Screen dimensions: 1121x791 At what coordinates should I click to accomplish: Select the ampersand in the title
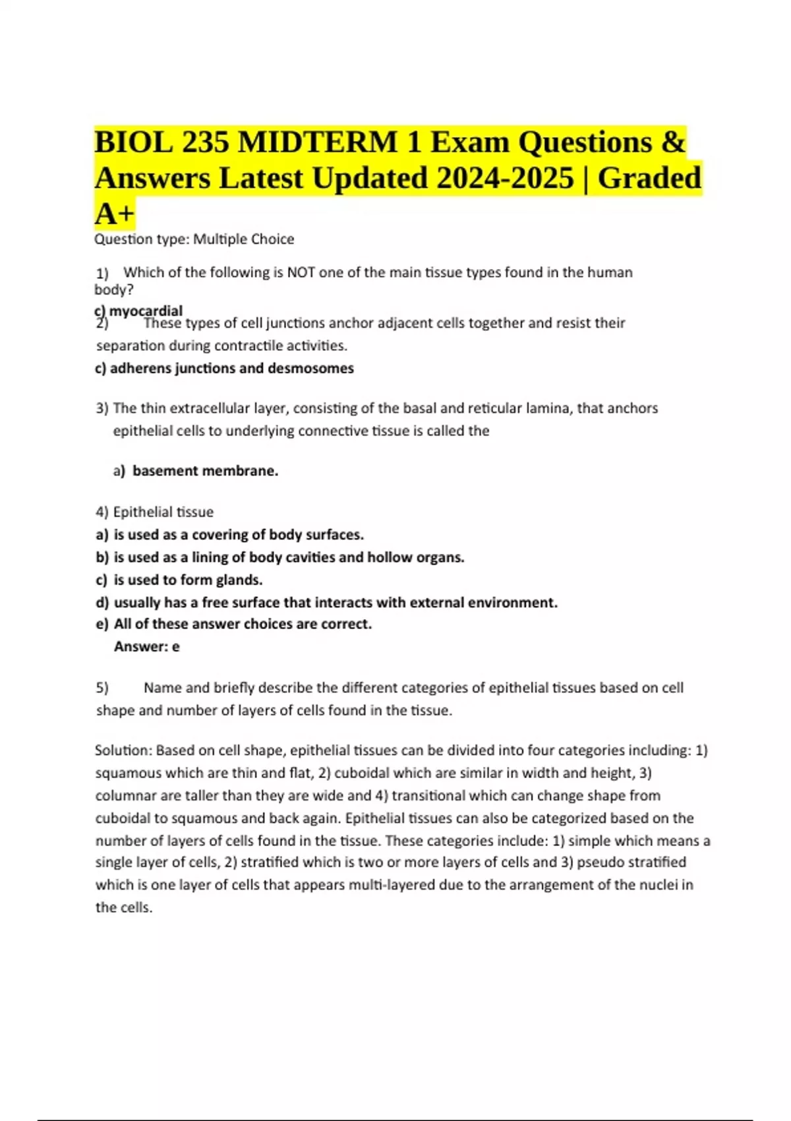click(672, 142)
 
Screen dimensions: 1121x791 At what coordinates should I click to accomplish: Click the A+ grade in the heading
click(114, 214)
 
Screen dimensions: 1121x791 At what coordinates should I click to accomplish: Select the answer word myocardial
click(146, 311)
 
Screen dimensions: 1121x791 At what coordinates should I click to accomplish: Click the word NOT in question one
click(300, 272)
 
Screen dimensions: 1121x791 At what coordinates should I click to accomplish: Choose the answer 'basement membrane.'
click(205, 471)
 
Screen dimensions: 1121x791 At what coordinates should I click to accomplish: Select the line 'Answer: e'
click(146, 647)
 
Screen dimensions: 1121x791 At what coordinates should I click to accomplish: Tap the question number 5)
click(102, 688)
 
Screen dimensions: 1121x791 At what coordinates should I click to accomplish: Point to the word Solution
click(123, 750)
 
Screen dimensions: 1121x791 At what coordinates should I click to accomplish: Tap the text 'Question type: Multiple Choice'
click(194, 239)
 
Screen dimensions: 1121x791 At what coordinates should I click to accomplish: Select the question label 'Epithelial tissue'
click(163, 512)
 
